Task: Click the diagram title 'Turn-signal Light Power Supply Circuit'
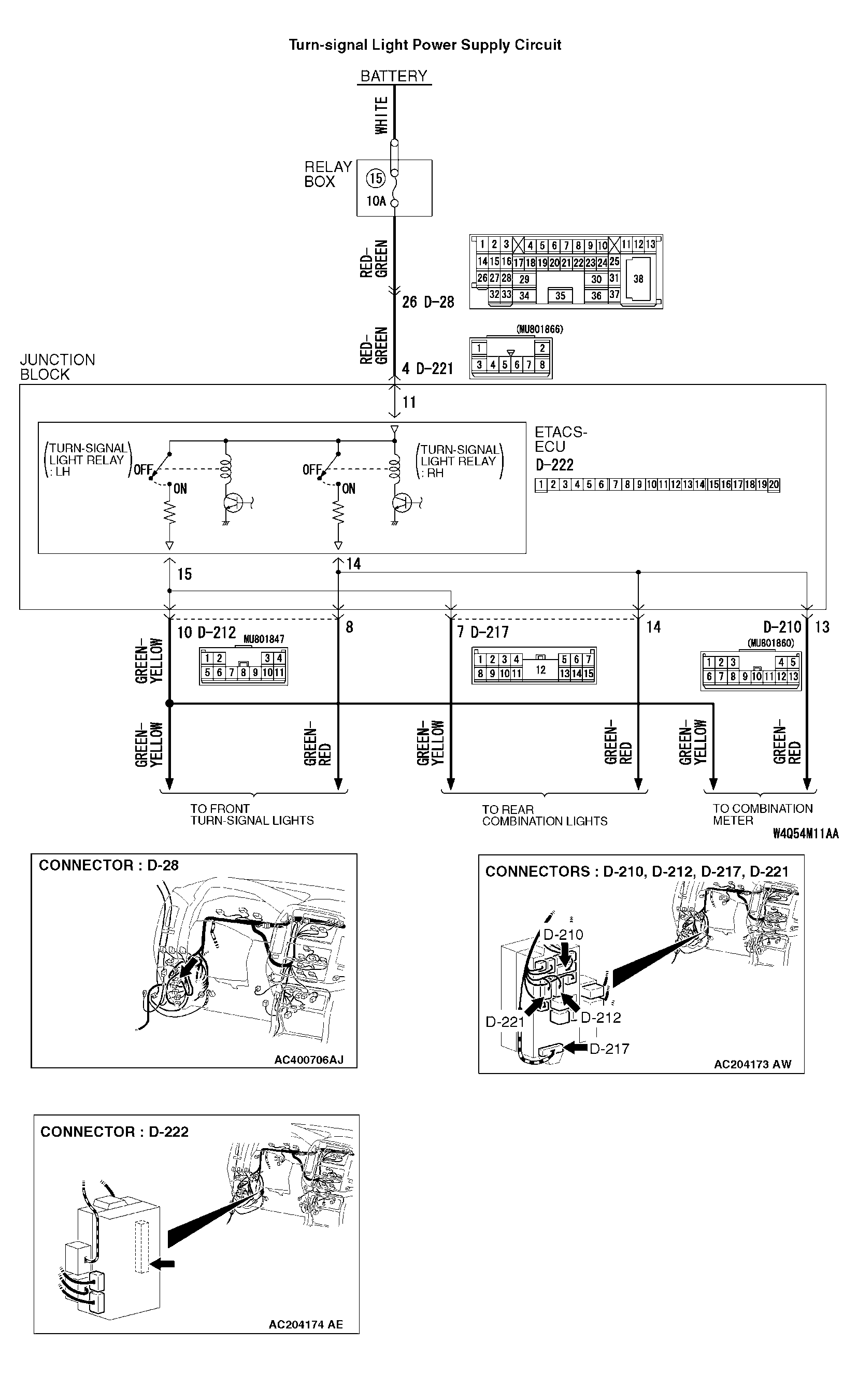coord(424,45)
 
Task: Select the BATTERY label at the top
coord(394,76)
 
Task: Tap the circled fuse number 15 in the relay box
coord(376,179)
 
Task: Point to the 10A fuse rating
coord(376,201)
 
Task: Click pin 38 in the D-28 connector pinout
coord(638,279)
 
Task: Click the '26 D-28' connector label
coord(428,302)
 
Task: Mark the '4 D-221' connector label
coord(427,369)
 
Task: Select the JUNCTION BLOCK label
coord(57,367)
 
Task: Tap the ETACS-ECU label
coord(560,439)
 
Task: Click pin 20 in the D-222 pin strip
coord(774,484)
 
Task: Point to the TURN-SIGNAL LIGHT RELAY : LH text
coord(88,460)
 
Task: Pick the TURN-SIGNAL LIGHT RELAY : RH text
coord(459,461)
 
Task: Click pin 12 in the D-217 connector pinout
coord(540,670)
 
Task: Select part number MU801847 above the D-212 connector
coord(264,639)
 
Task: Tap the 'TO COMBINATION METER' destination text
coord(762,814)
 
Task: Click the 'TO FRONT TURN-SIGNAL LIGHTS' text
coord(251,814)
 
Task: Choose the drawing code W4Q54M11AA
coord(805,834)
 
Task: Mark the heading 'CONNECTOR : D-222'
coord(114,1132)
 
